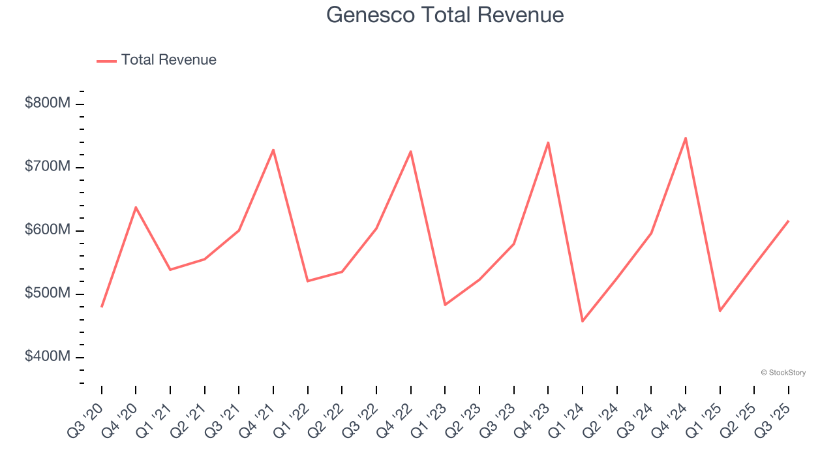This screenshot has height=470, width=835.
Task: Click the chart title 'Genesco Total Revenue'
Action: coord(445,15)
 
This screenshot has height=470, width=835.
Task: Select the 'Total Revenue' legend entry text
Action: coord(168,60)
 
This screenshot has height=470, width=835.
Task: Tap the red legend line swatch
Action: coord(106,61)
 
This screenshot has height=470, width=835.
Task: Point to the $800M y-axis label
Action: coord(47,103)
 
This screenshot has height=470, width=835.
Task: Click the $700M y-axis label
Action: coord(47,166)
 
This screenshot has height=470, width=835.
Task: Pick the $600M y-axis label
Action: coord(47,230)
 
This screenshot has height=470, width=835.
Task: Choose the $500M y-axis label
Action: coord(47,293)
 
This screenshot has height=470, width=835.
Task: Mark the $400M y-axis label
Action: coord(47,356)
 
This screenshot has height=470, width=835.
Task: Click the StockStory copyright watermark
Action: coord(783,373)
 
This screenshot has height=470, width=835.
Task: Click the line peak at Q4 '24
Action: coord(686,138)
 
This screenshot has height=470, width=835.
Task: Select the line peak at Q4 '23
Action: coord(548,142)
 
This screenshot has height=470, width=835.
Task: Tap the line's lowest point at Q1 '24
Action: coord(583,321)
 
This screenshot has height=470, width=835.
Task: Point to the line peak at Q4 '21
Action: coord(273,149)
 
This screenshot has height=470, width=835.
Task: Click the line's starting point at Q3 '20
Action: coord(102,307)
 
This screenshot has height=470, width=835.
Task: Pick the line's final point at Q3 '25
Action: coord(789,221)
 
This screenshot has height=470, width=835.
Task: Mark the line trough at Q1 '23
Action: coord(445,305)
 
